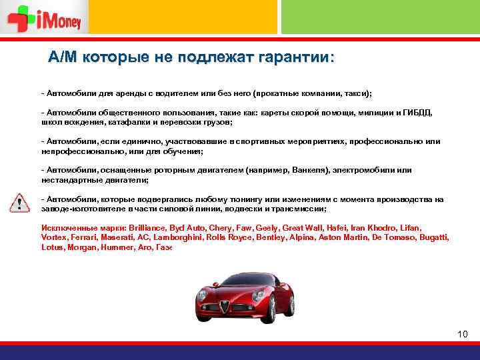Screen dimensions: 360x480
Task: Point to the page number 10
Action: [x=463, y=333]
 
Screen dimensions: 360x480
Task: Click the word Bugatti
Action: [x=433, y=237]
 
